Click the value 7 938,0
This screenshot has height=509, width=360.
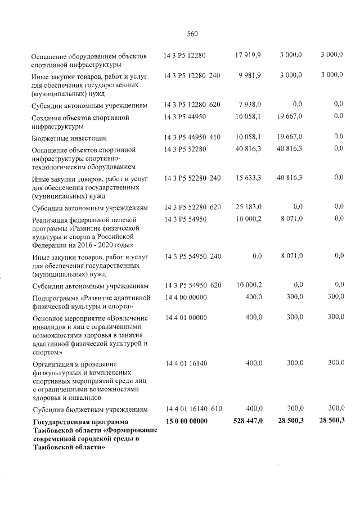point(250,105)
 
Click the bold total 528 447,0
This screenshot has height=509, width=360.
point(247,422)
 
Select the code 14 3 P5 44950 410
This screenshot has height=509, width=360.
point(192,137)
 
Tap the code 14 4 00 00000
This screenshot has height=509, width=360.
point(186,296)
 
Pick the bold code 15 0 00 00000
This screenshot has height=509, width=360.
point(186,422)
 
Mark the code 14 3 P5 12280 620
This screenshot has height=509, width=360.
point(192,105)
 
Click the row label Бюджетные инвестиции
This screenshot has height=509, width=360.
point(70,138)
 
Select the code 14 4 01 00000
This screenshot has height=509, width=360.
point(186,317)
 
